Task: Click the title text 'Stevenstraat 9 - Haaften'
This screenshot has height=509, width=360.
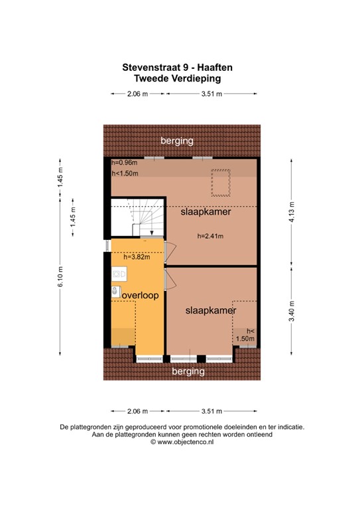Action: point(177,67)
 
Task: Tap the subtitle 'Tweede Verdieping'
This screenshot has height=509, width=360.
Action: point(177,78)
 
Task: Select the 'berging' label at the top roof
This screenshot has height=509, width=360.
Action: point(176,141)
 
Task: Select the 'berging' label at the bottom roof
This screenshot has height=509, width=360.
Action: point(188,372)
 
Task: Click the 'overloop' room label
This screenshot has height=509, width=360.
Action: point(139,296)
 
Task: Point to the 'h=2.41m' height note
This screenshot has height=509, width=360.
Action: point(210,236)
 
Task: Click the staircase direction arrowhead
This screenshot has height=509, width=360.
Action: point(152,234)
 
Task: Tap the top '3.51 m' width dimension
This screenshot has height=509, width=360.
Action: point(211,95)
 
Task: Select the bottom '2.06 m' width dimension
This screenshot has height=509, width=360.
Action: point(137,411)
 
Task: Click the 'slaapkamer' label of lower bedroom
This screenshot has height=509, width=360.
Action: point(211,310)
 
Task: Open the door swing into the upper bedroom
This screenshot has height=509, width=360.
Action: point(170,251)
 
